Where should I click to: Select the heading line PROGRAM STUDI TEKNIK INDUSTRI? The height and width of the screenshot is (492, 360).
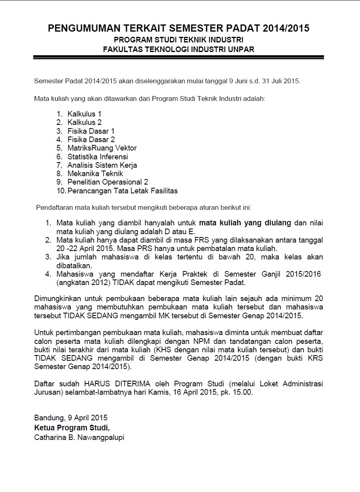coord(178,40)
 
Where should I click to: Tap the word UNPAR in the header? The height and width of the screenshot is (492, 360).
coord(241,49)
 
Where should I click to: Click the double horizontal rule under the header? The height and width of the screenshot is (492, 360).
coord(178,58)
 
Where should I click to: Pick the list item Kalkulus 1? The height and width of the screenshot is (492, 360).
coord(84,114)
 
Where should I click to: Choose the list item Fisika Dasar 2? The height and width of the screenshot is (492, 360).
coord(91,140)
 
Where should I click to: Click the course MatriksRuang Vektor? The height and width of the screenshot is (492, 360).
coord(102,148)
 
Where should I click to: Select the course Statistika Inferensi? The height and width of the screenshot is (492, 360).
coord(98,157)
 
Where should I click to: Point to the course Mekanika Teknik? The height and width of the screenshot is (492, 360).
coord(95,174)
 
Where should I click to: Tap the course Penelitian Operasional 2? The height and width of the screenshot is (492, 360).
coord(108,182)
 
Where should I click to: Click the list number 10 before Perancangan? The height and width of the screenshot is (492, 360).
coord(61,191)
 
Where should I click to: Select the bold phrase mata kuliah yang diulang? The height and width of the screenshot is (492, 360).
coord(245,223)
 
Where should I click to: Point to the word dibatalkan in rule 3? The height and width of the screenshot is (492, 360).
coord(74,265)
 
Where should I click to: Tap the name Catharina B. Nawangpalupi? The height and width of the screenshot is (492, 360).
coord(79,438)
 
